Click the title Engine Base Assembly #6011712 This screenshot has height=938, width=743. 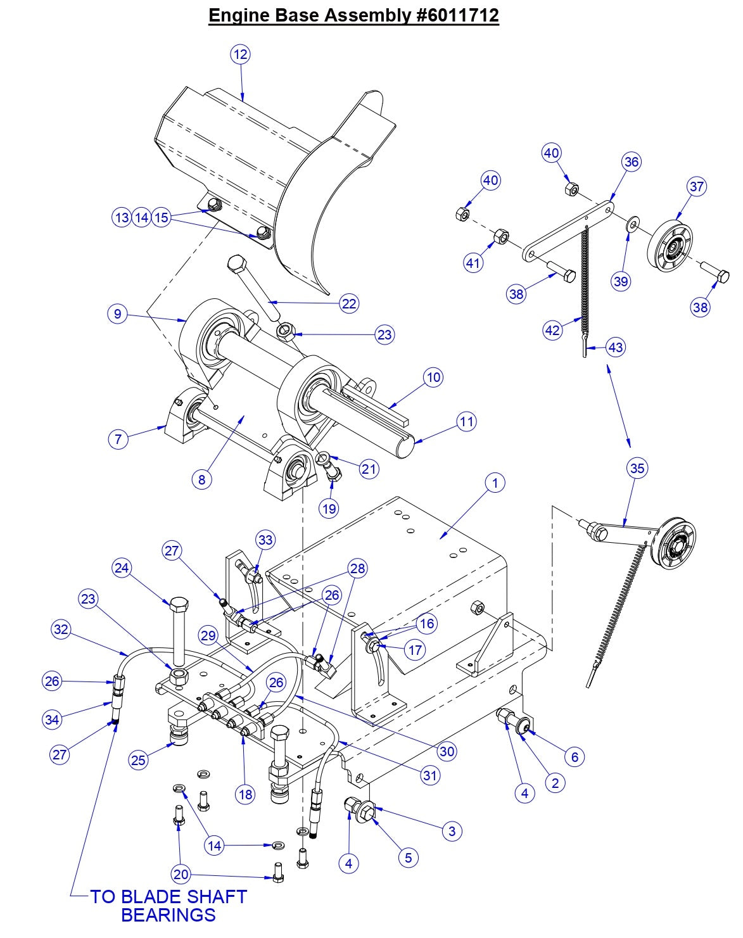click(353, 15)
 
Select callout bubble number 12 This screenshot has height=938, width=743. click(240, 54)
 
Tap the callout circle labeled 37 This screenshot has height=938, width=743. click(696, 186)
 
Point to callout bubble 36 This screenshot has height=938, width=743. click(631, 162)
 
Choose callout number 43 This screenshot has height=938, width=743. click(615, 346)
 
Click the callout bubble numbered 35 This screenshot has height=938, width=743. click(637, 468)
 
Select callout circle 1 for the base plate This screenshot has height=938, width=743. click(495, 483)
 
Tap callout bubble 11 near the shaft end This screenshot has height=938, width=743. click(466, 421)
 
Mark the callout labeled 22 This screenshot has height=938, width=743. click(349, 303)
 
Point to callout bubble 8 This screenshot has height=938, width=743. click(201, 479)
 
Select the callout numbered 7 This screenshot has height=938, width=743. click(118, 438)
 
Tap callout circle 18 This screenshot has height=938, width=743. click(246, 794)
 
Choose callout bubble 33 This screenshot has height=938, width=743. click(265, 540)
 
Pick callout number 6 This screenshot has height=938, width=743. click(574, 756)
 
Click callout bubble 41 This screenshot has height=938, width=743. click(473, 262)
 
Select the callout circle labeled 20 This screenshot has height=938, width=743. click(181, 875)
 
